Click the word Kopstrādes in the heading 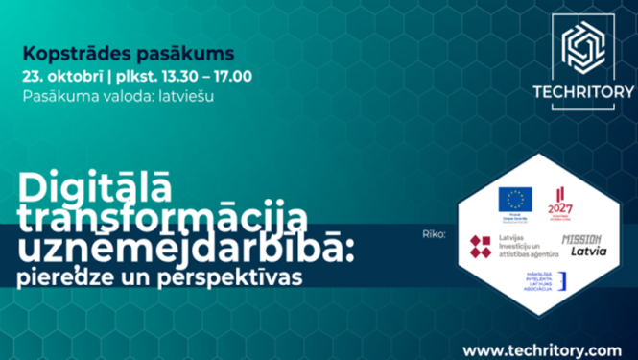(x=63, y=52)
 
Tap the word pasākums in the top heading (x=155, y=52)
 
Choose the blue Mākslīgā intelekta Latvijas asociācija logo (x=544, y=281)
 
